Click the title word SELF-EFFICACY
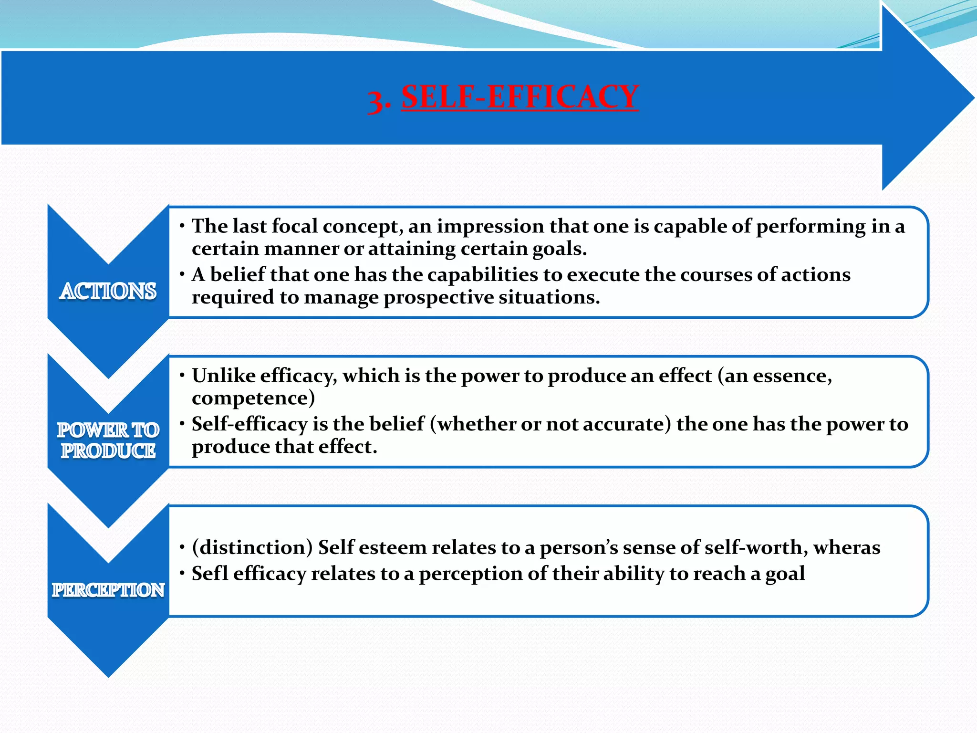520,97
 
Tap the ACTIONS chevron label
108,291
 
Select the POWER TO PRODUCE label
108,440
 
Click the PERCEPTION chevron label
108,590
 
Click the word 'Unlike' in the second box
224,376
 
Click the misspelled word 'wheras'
847,547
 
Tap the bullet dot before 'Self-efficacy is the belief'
182,423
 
